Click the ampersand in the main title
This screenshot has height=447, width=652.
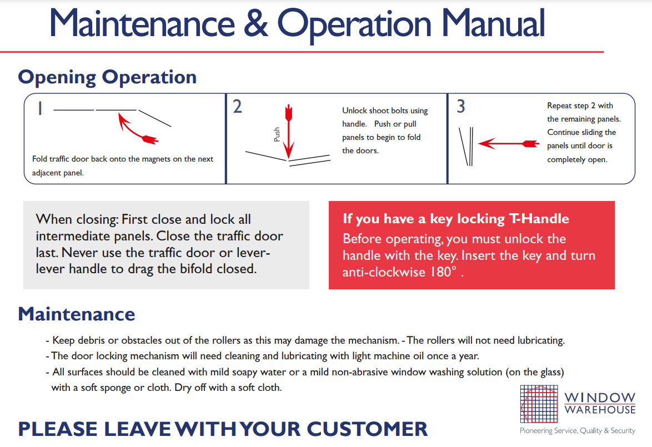coord(255,23)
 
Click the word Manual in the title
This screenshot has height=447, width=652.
coord(493,23)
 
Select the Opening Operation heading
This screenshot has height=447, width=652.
coord(107,77)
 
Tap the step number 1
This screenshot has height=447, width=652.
coord(40,108)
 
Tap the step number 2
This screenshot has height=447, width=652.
coord(237,107)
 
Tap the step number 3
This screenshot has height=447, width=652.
coord(461,106)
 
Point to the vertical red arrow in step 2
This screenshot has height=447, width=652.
coord(289,132)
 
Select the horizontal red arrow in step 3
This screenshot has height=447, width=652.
coord(509,143)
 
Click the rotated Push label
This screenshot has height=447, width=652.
coord(277,135)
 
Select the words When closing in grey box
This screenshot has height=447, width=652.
coord(78,219)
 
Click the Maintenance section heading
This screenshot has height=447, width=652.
coord(77,314)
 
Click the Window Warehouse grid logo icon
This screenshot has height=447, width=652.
coord(539,404)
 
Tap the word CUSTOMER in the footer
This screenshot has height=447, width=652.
coord(367,429)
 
